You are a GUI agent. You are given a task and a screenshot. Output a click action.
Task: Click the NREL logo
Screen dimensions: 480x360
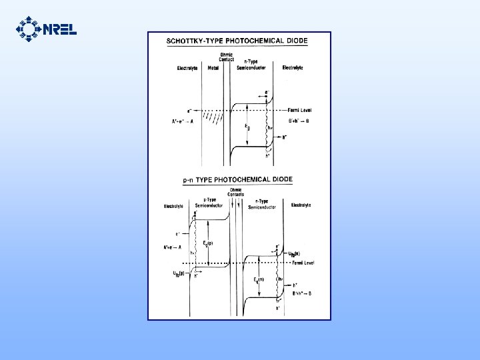coord(45,29)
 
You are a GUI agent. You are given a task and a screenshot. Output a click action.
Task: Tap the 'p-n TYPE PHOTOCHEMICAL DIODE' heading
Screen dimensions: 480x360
coord(237,179)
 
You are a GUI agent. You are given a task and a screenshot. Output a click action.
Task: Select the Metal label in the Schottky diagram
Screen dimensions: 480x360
coord(213,68)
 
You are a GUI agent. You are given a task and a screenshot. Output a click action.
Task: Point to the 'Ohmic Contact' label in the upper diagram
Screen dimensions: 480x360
coord(227,57)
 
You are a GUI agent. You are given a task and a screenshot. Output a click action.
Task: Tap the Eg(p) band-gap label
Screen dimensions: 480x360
coord(208,242)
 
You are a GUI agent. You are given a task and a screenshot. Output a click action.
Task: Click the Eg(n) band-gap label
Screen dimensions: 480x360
coord(257,279)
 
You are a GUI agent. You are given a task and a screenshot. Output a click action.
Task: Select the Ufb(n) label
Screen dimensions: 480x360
coord(293,253)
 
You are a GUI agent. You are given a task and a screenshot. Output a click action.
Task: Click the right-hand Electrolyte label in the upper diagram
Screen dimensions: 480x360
coord(293,68)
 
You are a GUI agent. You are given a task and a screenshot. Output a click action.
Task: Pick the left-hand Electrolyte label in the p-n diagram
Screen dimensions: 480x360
coord(174,206)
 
